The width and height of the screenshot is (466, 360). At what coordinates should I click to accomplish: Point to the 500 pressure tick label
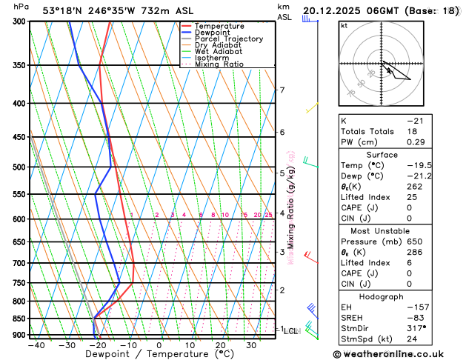point(19,167)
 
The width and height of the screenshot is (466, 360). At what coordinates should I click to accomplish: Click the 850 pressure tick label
point(19,319)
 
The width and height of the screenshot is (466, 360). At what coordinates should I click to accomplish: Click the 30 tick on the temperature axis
point(252,345)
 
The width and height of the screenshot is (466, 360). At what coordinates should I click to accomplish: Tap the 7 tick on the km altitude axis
point(282,90)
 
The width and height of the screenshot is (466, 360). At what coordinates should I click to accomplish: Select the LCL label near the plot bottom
point(290,331)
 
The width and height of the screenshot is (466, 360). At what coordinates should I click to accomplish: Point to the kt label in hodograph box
point(344,25)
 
